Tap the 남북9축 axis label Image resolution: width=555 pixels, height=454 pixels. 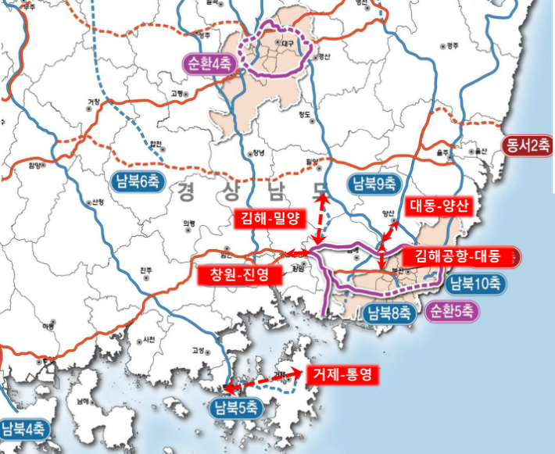pos(372,184)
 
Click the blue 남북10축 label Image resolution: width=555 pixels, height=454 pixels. pos(475,283)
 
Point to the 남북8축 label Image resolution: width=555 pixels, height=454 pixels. pos(388,314)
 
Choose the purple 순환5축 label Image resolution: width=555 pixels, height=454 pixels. pos(451,311)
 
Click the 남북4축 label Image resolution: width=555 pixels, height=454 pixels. pos(25,428)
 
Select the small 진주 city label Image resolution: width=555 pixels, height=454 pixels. pos(146,271)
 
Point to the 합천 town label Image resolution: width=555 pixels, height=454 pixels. pos(157,144)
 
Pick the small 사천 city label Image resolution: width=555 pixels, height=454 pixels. pos(149,340)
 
